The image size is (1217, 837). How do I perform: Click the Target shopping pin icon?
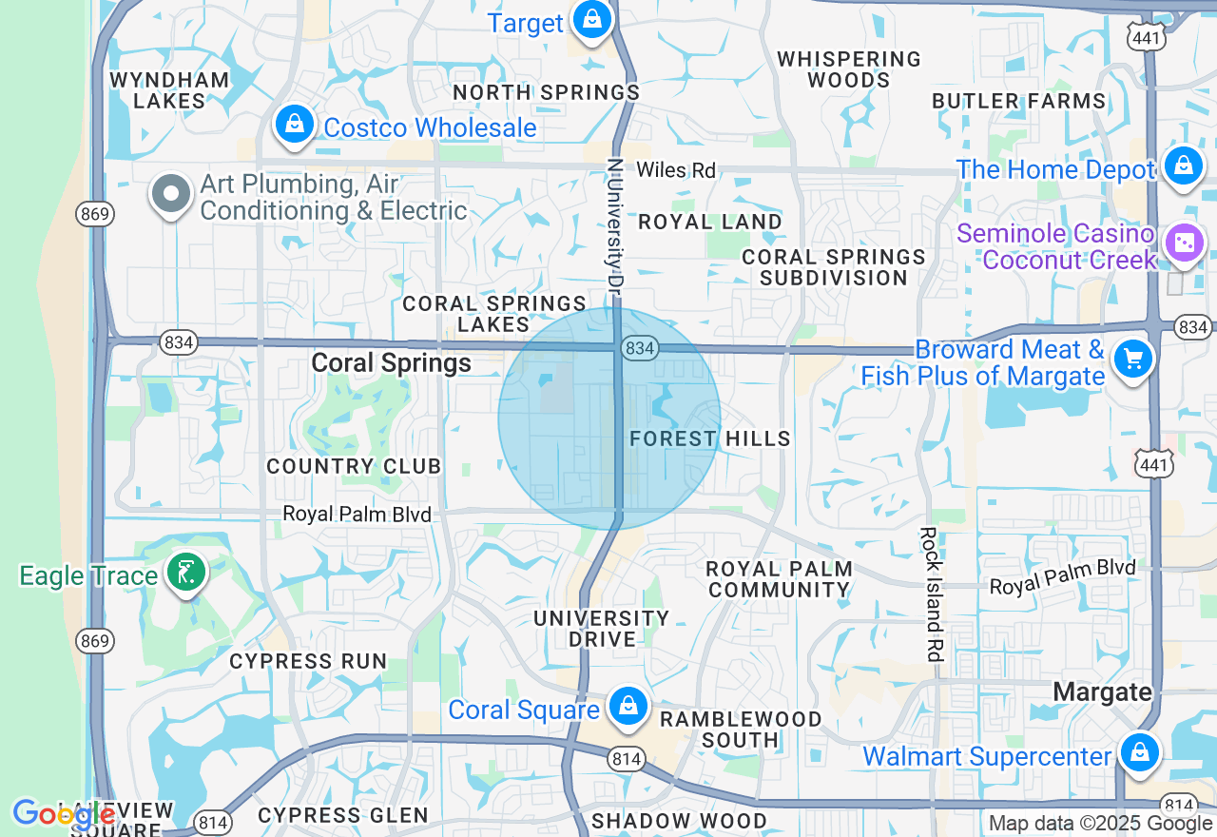click(591, 19)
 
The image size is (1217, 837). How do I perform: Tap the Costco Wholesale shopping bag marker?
click(295, 125)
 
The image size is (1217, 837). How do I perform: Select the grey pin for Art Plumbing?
click(171, 194)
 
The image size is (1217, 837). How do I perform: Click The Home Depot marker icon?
click(1183, 166)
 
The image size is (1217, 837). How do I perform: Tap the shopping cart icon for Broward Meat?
click(1132, 360)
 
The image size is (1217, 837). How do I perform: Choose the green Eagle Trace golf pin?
click(185, 573)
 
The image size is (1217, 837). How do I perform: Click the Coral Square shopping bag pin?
click(628, 707)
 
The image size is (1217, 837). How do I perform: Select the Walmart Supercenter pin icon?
click(1139, 751)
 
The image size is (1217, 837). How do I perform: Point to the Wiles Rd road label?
click(675, 170)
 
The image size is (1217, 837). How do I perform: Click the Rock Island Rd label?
click(930, 594)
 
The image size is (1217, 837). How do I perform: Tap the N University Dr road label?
click(615, 224)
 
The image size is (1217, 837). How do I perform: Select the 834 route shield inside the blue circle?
click(640, 349)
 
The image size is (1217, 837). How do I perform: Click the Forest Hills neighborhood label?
click(710, 438)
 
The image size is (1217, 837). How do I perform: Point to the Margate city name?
click(1103, 691)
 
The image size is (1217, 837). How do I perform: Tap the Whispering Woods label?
click(849, 69)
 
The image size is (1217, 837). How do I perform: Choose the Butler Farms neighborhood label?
click(1019, 101)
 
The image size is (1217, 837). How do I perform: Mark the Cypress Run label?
click(308, 661)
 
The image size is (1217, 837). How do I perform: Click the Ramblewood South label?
click(741, 729)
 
